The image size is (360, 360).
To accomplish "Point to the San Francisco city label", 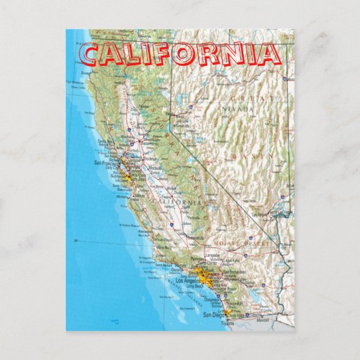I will click(105, 164).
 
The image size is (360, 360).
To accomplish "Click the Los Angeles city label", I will click(188, 281).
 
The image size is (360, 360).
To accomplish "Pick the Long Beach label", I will click(195, 286).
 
